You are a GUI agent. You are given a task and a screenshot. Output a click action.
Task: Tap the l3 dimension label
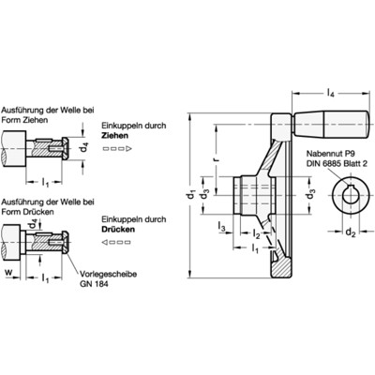click(221, 226)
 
